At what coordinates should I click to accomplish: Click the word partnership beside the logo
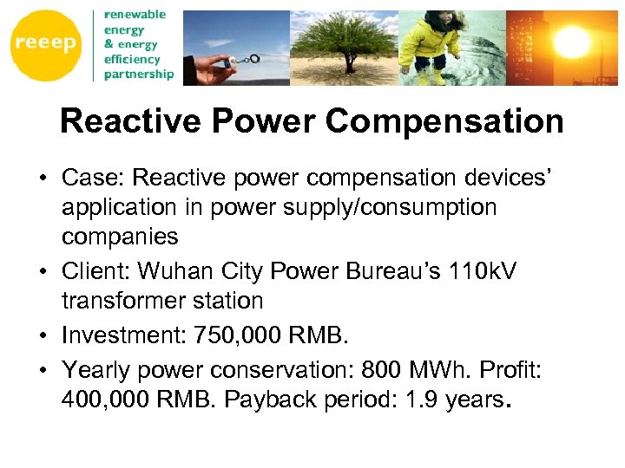pyautogui.click(x=139, y=75)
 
